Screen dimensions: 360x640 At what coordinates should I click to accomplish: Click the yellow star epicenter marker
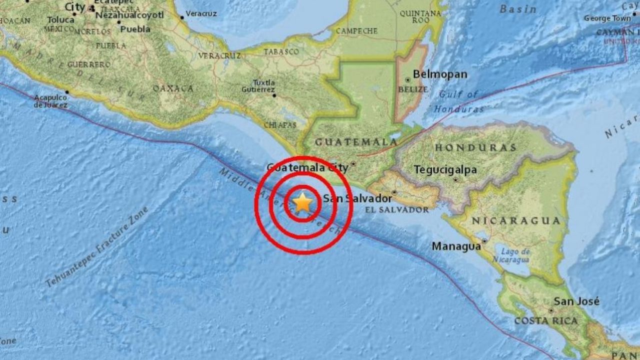[302, 203]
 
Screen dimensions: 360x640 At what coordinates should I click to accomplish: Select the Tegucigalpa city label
[445, 170]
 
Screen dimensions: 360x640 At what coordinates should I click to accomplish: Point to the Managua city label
[456, 246]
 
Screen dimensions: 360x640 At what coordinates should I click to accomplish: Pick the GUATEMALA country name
[348, 142]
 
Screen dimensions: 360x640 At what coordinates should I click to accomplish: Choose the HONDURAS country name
[475, 147]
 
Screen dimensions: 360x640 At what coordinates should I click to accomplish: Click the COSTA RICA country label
[546, 320]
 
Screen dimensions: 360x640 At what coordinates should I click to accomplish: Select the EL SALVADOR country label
[397, 210]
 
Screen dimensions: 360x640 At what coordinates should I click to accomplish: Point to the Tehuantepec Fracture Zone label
[97, 247]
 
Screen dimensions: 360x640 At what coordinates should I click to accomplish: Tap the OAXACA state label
[173, 88]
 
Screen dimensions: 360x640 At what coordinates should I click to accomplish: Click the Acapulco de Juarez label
[50, 101]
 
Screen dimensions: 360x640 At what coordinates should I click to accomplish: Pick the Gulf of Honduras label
[459, 101]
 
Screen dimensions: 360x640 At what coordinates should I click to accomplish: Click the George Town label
[607, 18]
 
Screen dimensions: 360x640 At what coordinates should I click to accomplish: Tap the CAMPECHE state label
[356, 31]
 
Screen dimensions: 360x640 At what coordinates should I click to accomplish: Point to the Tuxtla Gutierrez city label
[264, 85]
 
